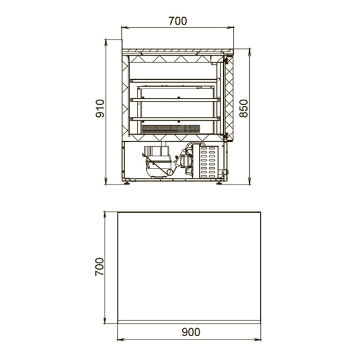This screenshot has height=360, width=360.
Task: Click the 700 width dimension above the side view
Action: [x=178, y=21]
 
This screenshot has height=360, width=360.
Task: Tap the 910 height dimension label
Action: [x=100, y=109]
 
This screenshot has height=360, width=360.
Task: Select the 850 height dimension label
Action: [x=244, y=109]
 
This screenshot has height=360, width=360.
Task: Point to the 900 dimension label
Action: [x=191, y=332]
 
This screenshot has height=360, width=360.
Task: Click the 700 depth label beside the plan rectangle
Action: [x=100, y=266]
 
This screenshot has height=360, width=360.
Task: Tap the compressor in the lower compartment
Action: [x=157, y=162]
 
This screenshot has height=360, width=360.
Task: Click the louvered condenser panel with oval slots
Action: [x=208, y=162]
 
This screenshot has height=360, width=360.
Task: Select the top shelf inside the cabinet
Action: [x=175, y=81]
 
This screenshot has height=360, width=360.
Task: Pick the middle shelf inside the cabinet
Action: [x=175, y=100]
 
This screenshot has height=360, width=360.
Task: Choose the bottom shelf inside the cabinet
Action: [x=175, y=119]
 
